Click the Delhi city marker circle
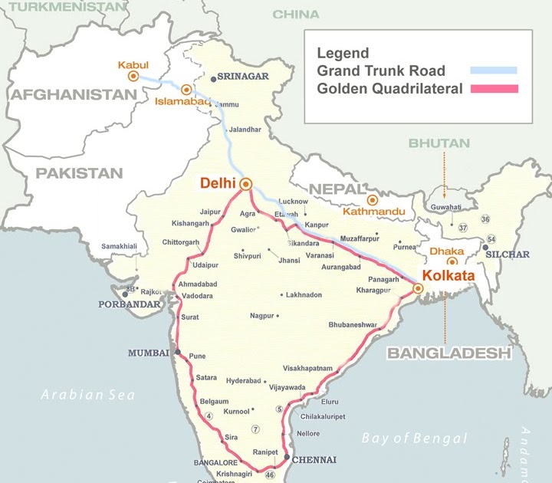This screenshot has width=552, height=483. pos(245,184)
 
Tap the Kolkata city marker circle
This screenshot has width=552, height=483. pos(418,289)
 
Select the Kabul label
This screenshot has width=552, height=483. pos(133,65)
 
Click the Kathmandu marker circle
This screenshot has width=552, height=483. pos(373,200)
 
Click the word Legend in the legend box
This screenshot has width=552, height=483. pos(343,54)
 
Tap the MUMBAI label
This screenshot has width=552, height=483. pos(149,353)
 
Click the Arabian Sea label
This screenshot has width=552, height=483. pos(87,395)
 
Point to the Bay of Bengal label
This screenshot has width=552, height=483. pos(414,439)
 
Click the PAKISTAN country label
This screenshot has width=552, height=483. pos(78,172)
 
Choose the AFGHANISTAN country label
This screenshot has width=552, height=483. pos(73,95)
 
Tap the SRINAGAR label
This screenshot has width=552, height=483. pos(243,77)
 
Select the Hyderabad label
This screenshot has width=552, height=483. pos(244,381)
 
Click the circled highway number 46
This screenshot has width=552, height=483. pos(270,475)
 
